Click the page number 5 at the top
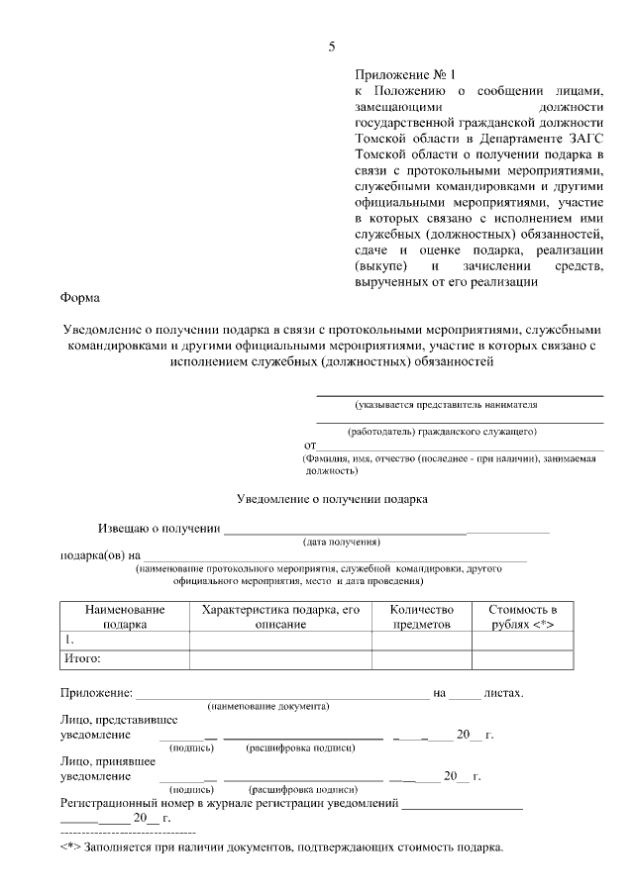[x=333, y=47]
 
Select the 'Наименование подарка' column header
[x=124, y=617]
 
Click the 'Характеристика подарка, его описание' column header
[x=280, y=617]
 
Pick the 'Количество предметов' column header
[x=421, y=617]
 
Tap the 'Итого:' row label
[x=83, y=658]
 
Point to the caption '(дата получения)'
[x=342, y=543]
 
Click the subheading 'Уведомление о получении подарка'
[x=332, y=499]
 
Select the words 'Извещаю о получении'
[x=158, y=528]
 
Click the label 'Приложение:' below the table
[x=95, y=692]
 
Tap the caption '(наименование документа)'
[x=267, y=706]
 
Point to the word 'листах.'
[x=503, y=692]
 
